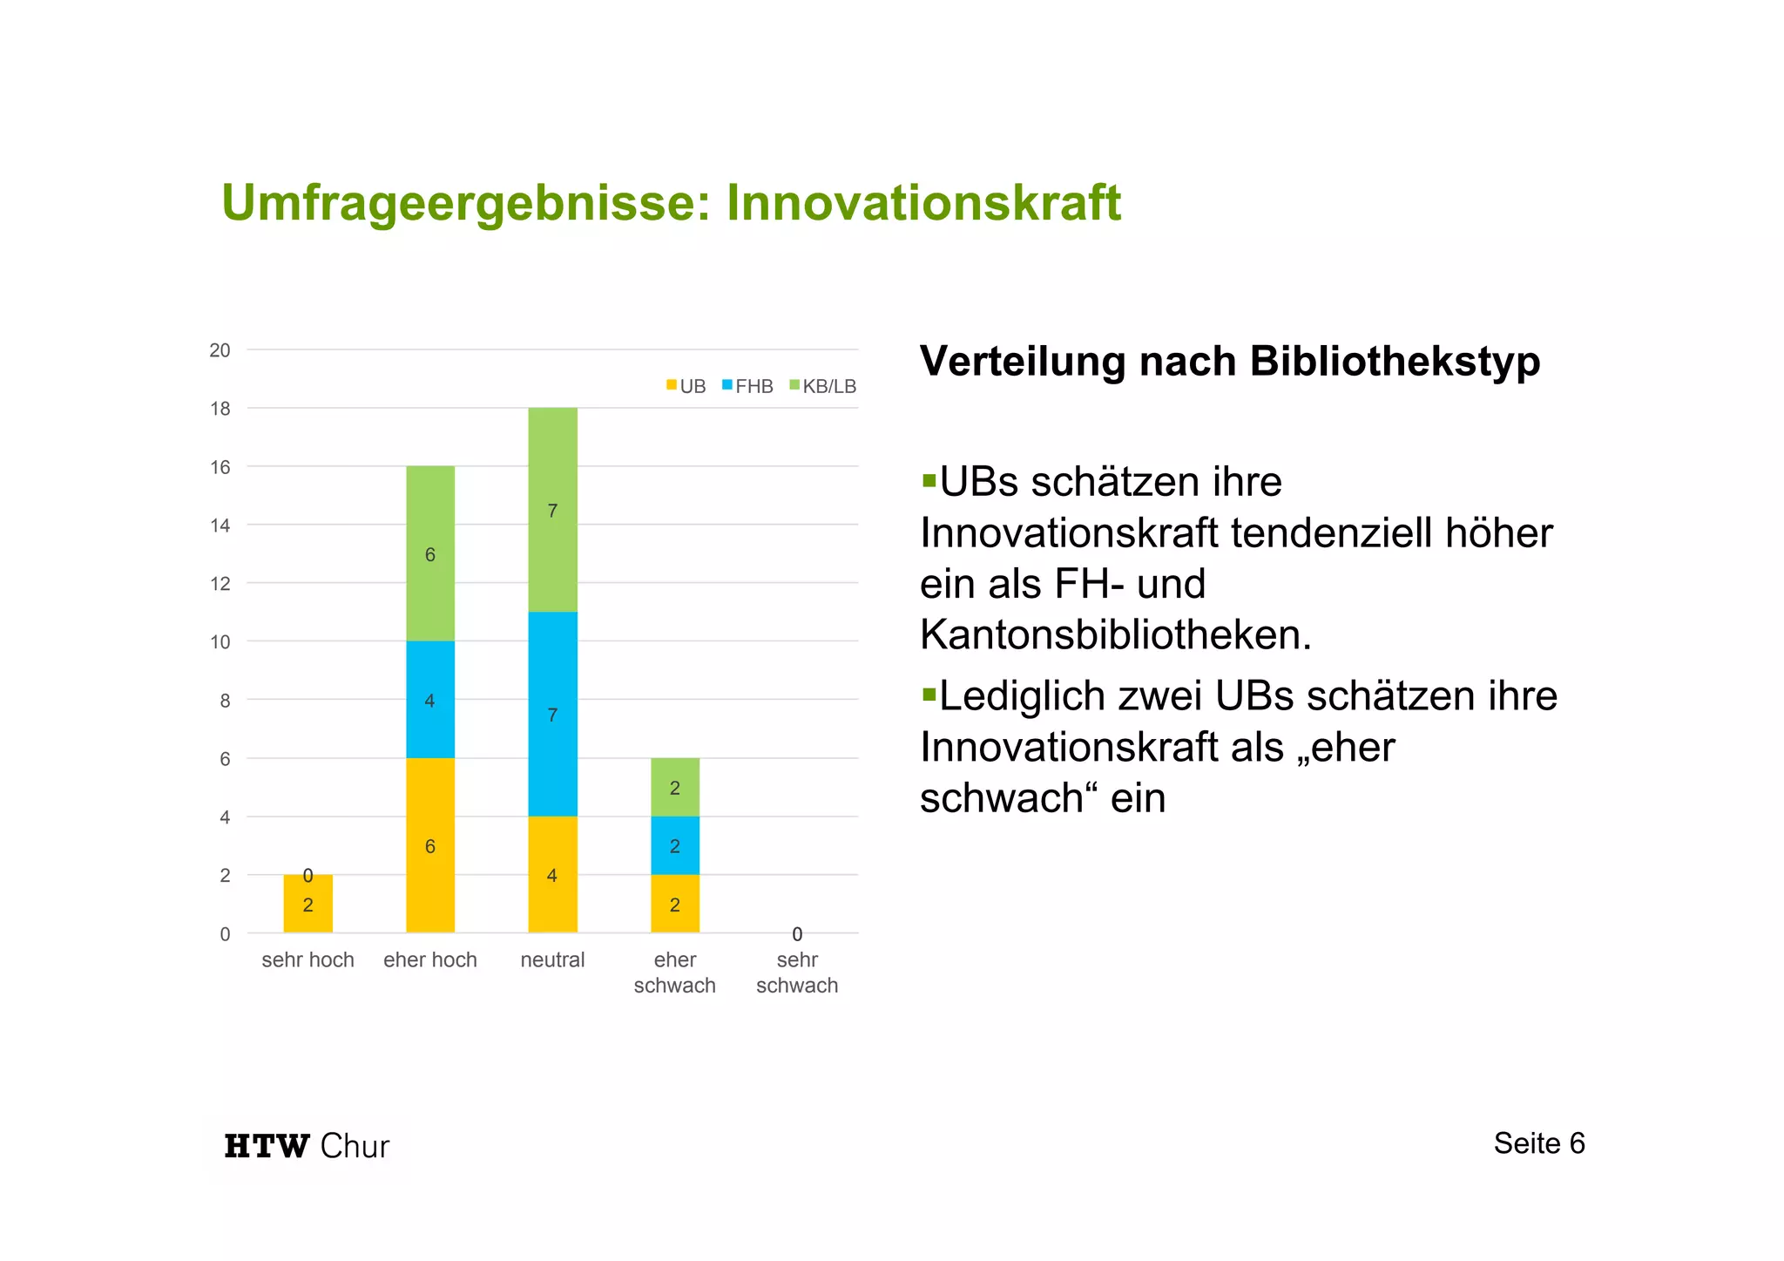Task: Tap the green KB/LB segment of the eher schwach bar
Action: click(674, 786)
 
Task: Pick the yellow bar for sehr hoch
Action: click(307, 903)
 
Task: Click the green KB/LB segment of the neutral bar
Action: click(552, 509)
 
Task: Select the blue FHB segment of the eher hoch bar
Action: click(430, 699)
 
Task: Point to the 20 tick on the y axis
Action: click(220, 350)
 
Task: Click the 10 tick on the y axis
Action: click(220, 642)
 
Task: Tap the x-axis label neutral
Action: click(552, 959)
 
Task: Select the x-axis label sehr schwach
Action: click(796, 973)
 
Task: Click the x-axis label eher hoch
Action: click(430, 959)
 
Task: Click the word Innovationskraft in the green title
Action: click(923, 203)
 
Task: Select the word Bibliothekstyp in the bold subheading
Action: click(1394, 361)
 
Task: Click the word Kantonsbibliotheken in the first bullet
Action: click(1115, 634)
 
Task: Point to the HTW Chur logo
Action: click(307, 1145)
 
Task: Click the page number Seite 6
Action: click(1538, 1142)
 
